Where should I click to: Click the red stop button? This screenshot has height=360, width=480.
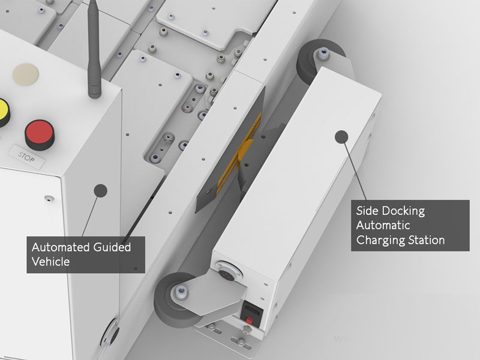tap(40, 134)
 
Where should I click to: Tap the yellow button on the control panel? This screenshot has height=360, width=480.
tap(4, 112)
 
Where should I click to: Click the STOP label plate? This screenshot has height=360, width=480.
tap(26, 157)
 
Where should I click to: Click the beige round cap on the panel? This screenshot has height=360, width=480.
tap(26, 75)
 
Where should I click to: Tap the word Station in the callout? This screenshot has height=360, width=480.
tap(427, 240)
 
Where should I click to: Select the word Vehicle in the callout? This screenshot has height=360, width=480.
tap(50, 262)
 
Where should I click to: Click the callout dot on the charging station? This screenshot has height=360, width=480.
tap(341, 137)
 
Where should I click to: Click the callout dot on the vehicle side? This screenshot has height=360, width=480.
tap(100, 191)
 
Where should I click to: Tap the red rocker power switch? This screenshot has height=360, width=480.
tap(250, 321)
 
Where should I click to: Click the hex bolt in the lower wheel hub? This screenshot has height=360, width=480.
tap(182, 290)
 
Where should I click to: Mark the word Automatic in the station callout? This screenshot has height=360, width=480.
tap(383, 226)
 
